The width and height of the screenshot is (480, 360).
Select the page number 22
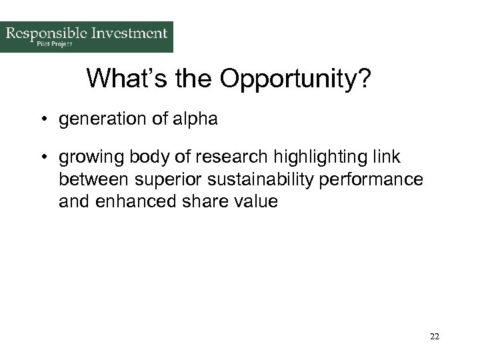pos(435,337)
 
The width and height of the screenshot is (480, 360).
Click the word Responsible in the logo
pos(46,33)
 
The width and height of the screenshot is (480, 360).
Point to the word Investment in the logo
pos(127,33)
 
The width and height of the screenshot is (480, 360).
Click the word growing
pos(87,157)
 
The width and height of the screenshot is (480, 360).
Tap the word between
pos(93,179)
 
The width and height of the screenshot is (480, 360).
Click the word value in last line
pos(253,201)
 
